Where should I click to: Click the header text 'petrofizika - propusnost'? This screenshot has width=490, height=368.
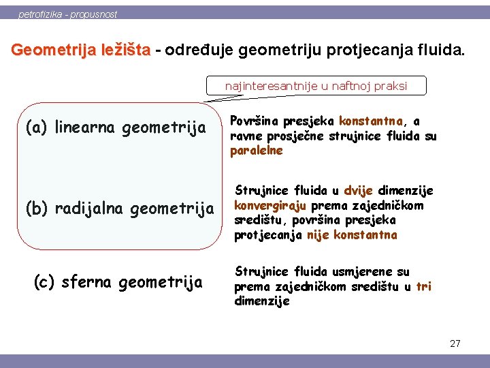click(67, 14)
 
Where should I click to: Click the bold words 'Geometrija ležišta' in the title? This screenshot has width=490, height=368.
click(81, 50)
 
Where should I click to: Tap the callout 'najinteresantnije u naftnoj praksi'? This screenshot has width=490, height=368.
click(316, 86)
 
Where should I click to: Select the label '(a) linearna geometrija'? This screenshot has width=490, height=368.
click(115, 127)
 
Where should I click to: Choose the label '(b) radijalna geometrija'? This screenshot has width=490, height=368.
click(119, 208)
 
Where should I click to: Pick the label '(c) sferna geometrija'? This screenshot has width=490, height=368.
click(118, 281)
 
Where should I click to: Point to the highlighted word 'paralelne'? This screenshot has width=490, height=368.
click(256, 151)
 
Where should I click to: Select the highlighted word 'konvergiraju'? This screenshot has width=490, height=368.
click(270, 206)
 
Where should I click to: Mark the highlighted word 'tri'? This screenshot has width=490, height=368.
click(423, 286)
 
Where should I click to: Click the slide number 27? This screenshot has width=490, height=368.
click(455, 343)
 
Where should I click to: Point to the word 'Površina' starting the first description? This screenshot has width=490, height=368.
click(256, 121)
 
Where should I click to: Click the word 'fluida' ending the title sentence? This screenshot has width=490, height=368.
click(442, 50)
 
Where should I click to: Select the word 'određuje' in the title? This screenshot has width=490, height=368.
click(201, 50)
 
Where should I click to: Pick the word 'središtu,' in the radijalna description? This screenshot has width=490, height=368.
click(258, 221)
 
